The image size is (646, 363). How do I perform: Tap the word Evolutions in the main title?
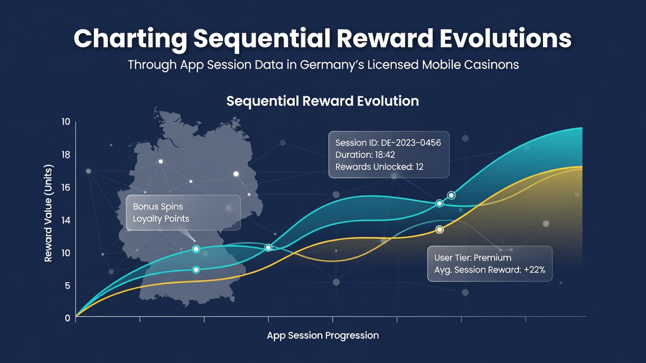[506, 38]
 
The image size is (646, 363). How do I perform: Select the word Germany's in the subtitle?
[332, 65]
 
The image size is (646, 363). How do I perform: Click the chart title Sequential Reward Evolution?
[322, 101]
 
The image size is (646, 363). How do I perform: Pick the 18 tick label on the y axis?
[66, 155]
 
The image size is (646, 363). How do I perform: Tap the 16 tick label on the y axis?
[66, 188]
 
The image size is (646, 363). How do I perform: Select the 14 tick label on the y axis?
[66, 221]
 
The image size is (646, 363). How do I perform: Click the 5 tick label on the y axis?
[68, 286]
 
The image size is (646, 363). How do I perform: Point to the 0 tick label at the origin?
[68, 318]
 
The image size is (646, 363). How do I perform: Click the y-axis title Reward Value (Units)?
[48, 213]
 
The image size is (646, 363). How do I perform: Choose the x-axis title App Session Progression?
[322, 336]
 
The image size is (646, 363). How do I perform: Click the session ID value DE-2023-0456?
[411, 143]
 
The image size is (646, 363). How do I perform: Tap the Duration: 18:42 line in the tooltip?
[365, 155]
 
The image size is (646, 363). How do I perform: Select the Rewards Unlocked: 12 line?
[379, 167]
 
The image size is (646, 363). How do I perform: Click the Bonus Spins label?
[158, 207]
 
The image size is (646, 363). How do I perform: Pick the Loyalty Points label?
[161, 219]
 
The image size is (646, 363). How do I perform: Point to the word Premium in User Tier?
[493, 258]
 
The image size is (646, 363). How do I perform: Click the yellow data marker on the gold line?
[440, 229]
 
